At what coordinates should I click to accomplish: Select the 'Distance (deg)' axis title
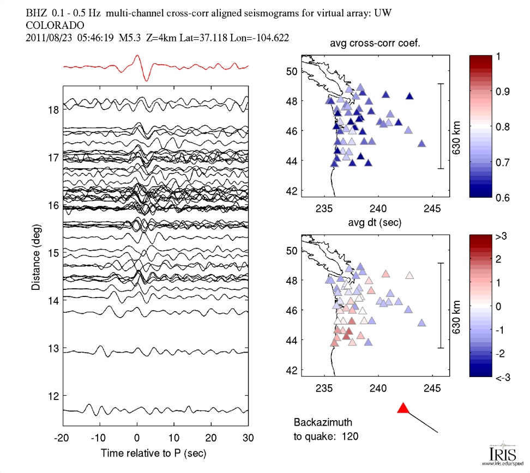(35, 253)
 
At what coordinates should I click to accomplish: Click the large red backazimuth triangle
(403, 408)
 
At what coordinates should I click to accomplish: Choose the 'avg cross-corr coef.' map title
(375, 44)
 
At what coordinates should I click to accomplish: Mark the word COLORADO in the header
(55, 26)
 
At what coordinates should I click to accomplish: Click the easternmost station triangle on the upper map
(421, 144)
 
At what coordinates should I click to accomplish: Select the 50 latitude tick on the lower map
(292, 251)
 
